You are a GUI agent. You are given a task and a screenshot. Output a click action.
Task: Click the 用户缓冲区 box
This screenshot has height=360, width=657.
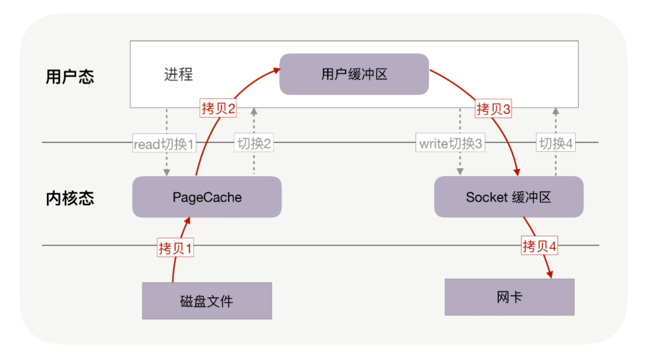pyautogui.click(x=354, y=74)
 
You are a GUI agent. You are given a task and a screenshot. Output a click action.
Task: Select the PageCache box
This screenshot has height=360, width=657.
pyautogui.click(x=207, y=197)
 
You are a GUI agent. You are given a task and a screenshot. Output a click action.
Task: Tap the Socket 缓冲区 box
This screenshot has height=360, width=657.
pyautogui.click(x=509, y=197)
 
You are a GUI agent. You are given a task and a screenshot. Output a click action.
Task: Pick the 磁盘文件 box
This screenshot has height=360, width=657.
pyautogui.click(x=207, y=301)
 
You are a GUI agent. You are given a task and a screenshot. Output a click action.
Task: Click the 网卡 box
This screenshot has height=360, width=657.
pyautogui.click(x=509, y=297)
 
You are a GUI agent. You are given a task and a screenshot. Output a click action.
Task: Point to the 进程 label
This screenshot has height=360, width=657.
pyautogui.click(x=178, y=74)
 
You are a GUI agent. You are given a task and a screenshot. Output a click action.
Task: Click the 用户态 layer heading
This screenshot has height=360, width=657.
pyautogui.click(x=70, y=77)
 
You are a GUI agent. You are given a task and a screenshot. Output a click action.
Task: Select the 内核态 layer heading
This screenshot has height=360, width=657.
pyautogui.click(x=70, y=198)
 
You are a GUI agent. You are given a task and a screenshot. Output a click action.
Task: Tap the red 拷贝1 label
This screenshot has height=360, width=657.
pyautogui.click(x=175, y=249)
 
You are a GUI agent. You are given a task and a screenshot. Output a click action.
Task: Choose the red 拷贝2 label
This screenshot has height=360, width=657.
pyautogui.click(x=218, y=108)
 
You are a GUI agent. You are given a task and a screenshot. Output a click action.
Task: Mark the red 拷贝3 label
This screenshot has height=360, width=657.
pyautogui.click(x=493, y=109)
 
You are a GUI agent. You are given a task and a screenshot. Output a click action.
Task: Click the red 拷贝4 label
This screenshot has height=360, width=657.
pyautogui.click(x=539, y=247)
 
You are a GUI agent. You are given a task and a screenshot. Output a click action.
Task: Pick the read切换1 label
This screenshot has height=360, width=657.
pyautogui.click(x=164, y=144)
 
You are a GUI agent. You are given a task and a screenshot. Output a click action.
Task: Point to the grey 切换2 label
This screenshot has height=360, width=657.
pyautogui.click(x=254, y=143)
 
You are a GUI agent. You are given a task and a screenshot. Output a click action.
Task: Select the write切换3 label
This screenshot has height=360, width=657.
pyautogui.click(x=450, y=144)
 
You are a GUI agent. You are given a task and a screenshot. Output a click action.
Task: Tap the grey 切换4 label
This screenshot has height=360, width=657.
pyautogui.click(x=556, y=143)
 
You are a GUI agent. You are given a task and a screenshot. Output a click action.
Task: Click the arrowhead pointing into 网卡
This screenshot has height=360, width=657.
pyautogui.click(x=549, y=275)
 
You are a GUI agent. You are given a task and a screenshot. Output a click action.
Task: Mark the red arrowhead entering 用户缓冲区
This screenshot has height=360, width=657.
pyautogui.click(x=276, y=69)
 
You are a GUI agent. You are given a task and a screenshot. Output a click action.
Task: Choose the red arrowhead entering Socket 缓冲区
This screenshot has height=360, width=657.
pyautogui.click(x=517, y=173)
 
